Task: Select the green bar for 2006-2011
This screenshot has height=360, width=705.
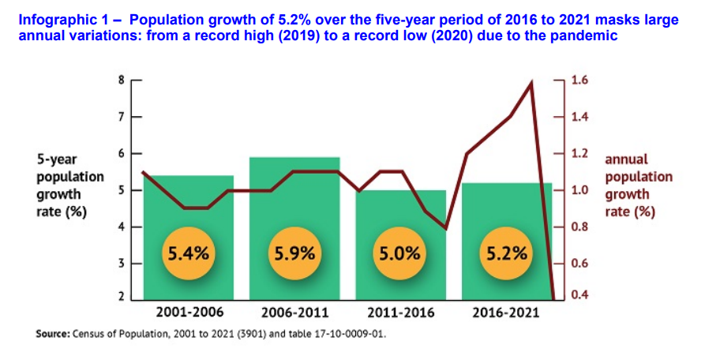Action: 294,205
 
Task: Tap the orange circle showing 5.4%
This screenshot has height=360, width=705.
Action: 188,253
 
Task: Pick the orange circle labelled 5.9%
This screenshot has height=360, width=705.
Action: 294,253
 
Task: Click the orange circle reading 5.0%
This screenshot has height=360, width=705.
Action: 400,253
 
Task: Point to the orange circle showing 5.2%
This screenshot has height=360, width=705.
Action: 506,253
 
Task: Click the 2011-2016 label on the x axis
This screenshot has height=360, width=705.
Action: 400,312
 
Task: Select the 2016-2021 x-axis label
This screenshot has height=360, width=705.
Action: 506,312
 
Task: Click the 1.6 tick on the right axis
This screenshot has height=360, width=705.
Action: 579,81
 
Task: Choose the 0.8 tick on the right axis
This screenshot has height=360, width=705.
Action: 579,227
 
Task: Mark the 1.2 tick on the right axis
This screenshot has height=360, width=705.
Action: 579,154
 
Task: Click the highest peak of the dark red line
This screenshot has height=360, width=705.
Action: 531,81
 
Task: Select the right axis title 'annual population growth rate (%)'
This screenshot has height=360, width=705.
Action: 638,186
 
